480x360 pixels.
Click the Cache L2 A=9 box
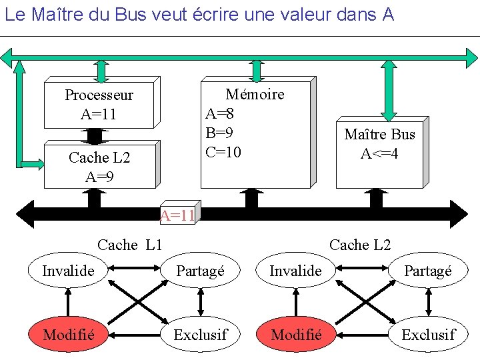pos(99,166)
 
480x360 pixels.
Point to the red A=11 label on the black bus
pos(177,215)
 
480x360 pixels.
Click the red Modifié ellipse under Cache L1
pos(68,334)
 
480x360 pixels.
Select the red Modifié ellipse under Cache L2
pos(297,334)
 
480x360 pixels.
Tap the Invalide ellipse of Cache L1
pos(68,271)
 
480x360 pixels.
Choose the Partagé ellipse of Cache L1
pos(201,271)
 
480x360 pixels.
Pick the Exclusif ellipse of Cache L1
pos(201,334)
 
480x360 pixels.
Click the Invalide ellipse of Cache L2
pos(295,271)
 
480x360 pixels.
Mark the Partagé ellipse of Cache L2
pos(428,271)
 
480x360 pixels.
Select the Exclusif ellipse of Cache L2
pos(428,334)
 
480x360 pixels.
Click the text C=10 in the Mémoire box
pos(223,153)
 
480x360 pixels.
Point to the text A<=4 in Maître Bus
pos(379,154)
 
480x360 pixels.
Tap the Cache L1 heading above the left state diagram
pos(130,245)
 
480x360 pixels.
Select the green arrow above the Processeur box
pos(101,70)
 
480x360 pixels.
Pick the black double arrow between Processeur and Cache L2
pos(95,135)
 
